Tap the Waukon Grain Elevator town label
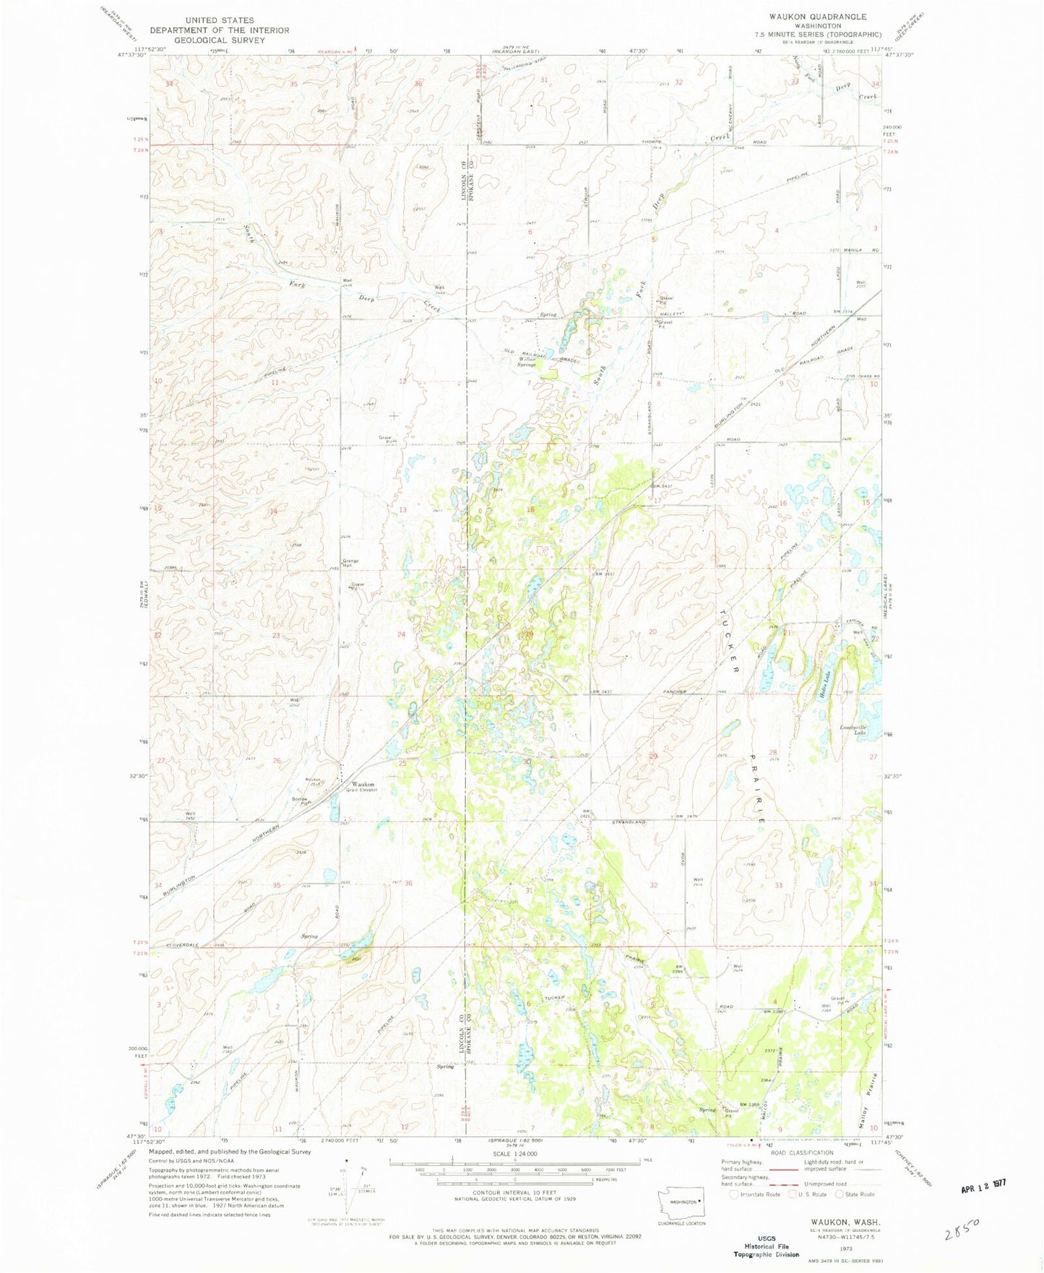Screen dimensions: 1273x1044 click(363, 786)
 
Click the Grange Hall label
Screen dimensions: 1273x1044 click(350, 563)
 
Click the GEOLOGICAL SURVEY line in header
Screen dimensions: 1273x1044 click(219, 40)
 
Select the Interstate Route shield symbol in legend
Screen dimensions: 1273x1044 click(734, 1194)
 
